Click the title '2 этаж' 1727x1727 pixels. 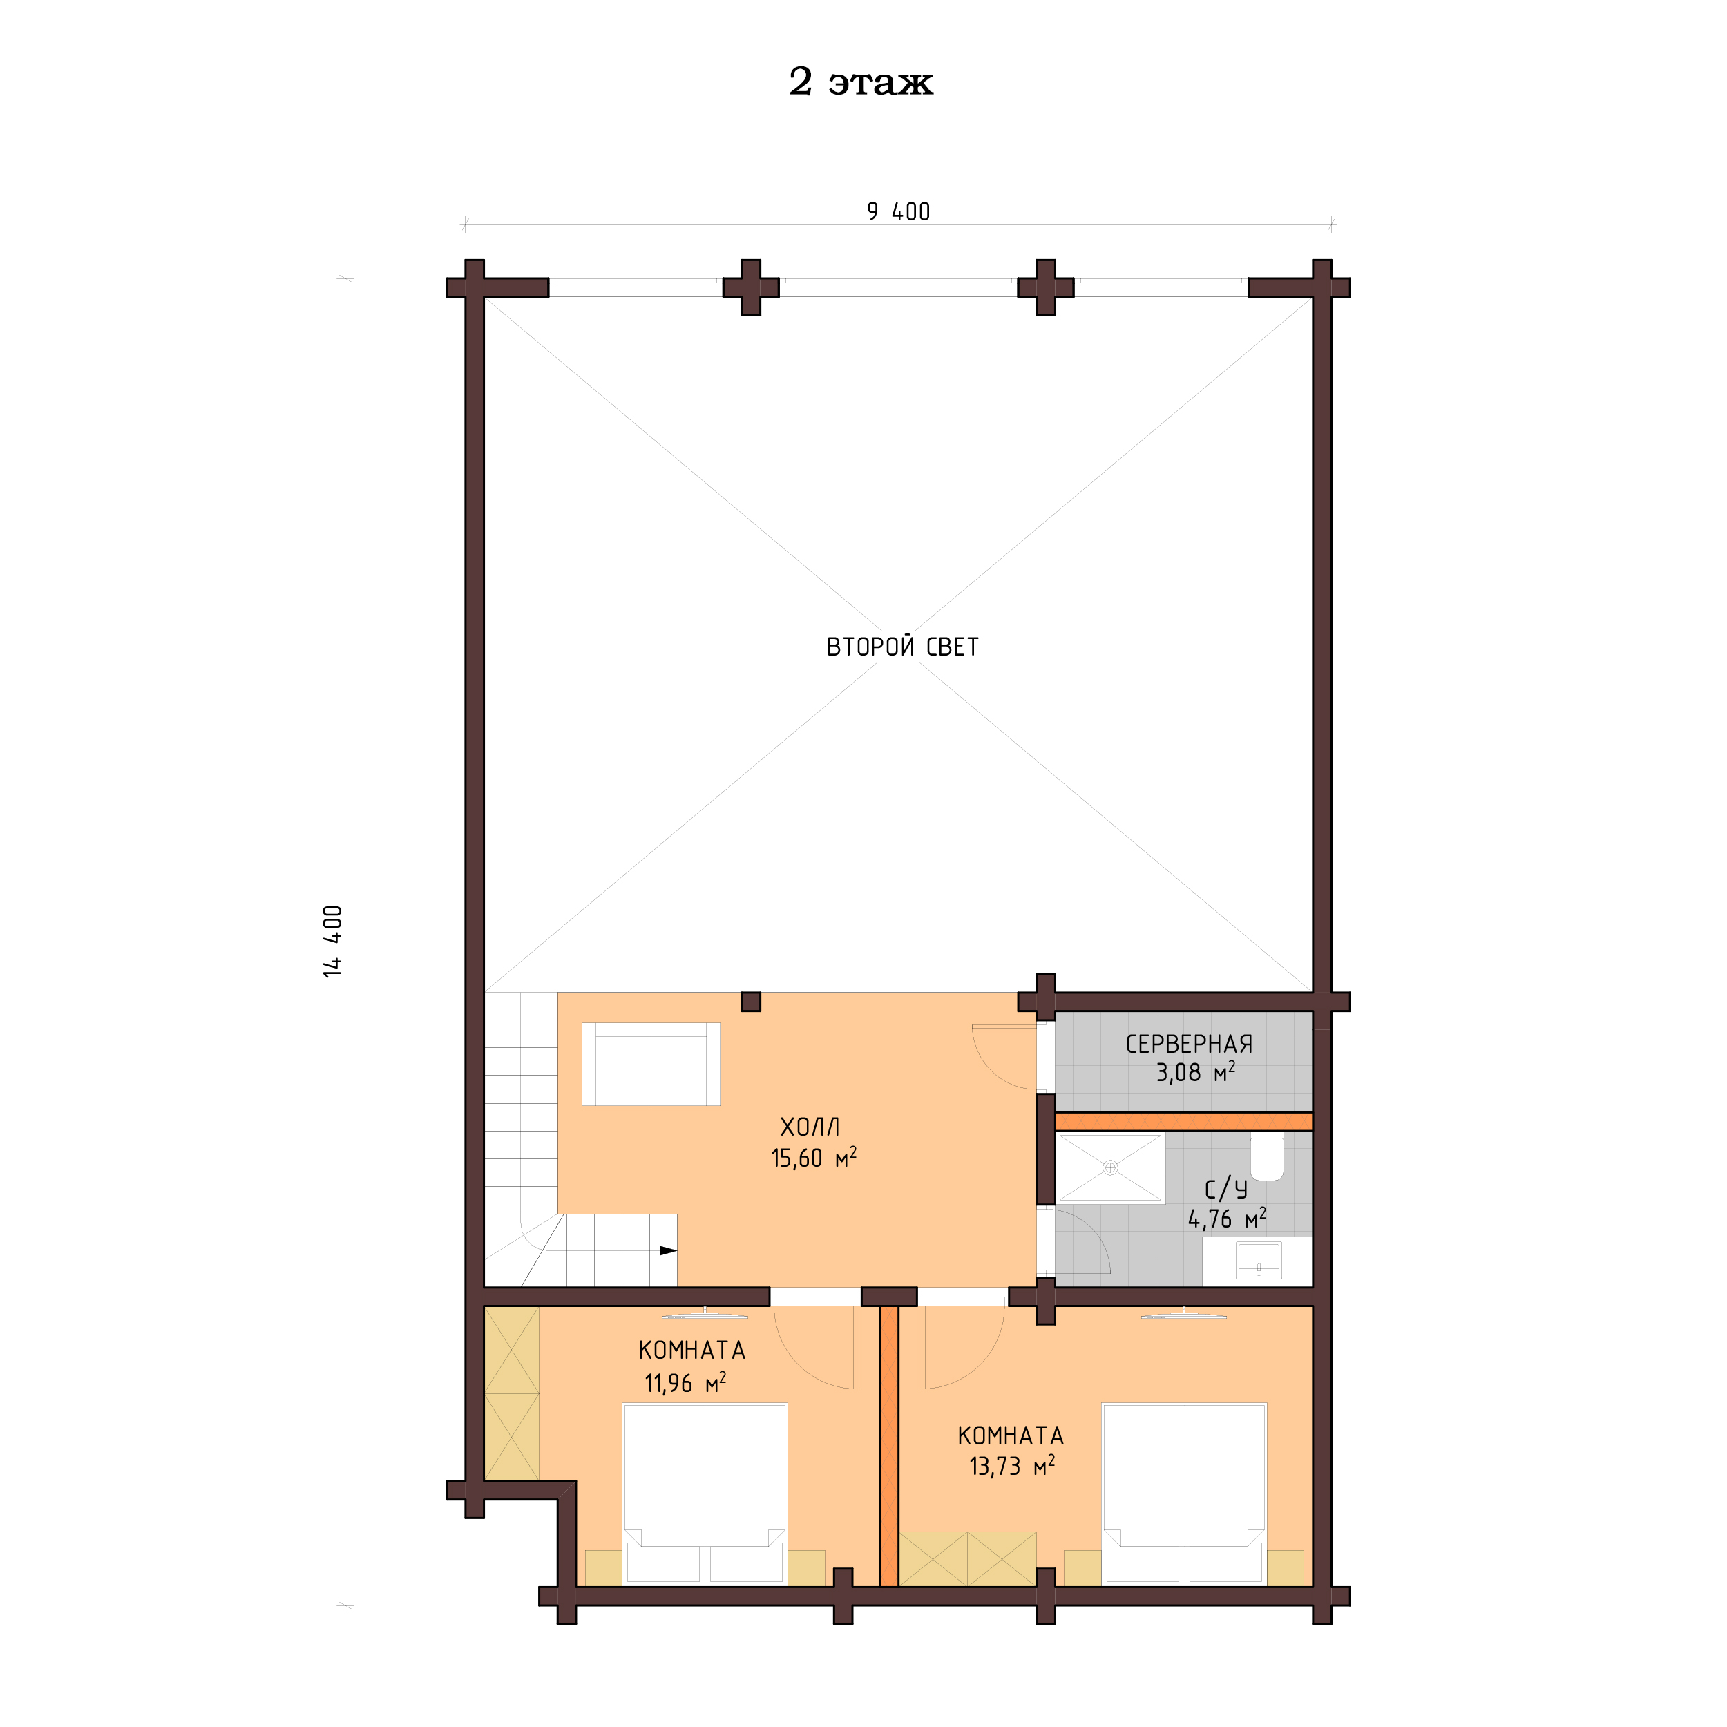860,82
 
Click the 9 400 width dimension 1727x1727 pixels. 897,212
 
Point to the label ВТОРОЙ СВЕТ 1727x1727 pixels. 902,647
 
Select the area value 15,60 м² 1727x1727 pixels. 812,1158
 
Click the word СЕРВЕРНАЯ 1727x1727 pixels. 1188,1044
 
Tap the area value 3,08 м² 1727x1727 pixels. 1194,1073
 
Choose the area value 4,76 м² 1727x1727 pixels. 1225,1219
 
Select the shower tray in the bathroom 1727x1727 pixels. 1109,1167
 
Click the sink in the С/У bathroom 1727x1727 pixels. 1258,1261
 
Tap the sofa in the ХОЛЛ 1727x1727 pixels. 651,1064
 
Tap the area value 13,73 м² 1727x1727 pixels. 1011,1467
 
